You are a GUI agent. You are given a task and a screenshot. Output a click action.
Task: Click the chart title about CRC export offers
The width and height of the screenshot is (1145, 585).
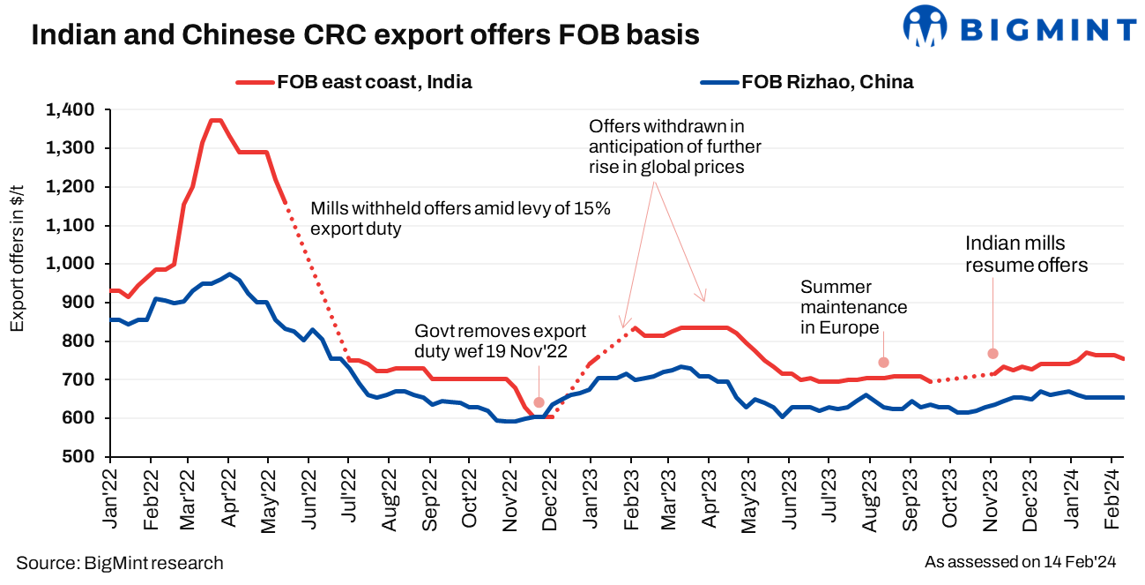click(365, 34)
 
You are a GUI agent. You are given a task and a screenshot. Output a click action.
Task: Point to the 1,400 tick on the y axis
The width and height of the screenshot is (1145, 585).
click(76, 110)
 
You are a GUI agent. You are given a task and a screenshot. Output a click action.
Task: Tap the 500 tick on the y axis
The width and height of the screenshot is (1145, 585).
click(84, 457)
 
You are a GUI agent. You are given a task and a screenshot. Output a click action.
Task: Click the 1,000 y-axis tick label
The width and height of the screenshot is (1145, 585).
click(76, 265)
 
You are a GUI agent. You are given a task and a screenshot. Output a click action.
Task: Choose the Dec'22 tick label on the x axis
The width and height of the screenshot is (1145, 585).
click(550, 498)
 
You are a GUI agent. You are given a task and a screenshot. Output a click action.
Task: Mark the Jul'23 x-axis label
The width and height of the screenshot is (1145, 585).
click(830, 498)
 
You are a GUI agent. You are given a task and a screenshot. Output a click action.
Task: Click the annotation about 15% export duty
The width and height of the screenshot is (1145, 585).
click(461, 219)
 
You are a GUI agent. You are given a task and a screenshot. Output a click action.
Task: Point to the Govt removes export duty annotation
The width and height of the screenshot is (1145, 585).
click(501, 341)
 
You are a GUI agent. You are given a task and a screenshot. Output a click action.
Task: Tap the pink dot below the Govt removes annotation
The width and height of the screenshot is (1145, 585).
click(539, 402)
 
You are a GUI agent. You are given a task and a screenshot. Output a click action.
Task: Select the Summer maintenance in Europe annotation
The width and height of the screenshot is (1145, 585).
click(853, 307)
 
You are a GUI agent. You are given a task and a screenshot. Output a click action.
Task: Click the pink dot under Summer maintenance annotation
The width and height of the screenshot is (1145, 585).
click(883, 363)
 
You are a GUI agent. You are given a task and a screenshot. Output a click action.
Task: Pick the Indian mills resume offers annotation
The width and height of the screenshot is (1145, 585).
click(1026, 253)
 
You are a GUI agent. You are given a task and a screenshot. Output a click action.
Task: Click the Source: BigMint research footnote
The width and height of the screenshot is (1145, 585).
click(120, 563)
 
